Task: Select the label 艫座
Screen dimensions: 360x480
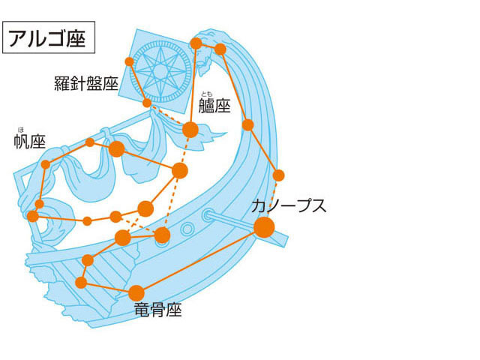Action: (x=214, y=106)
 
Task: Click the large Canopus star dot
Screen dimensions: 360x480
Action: (x=264, y=226)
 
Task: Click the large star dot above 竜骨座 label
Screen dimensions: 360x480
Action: (x=136, y=292)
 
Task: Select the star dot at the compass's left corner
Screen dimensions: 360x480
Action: (x=129, y=61)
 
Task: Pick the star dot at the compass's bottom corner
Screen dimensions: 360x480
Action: (x=147, y=103)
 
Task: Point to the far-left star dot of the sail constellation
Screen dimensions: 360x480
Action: (x=32, y=216)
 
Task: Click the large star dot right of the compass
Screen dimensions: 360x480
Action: (x=190, y=130)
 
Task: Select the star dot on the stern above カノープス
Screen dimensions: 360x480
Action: (x=279, y=175)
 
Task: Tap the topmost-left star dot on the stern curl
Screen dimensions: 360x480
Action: (x=196, y=43)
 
